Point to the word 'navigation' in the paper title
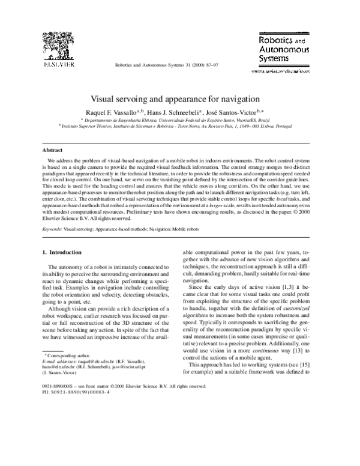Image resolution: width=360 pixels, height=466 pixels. [240, 97]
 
